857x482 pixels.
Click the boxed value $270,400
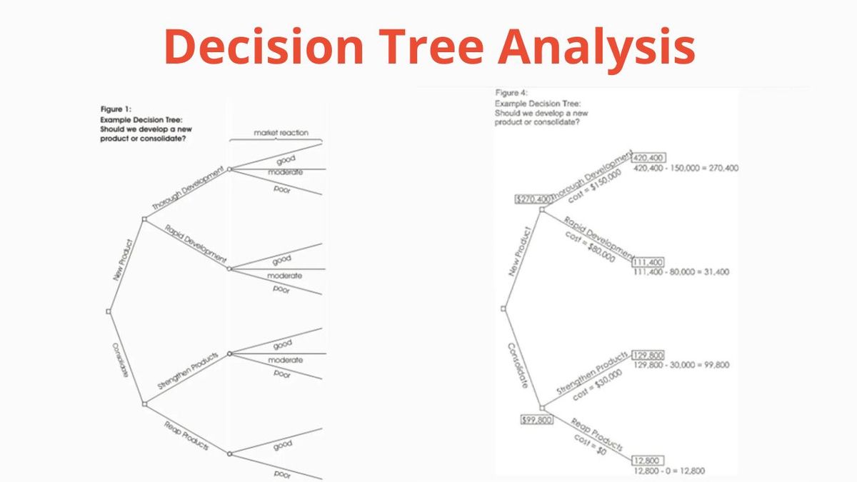tap(533, 199)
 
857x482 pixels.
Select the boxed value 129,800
tap(648, 355)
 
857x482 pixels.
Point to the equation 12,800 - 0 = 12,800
tap(668, 471)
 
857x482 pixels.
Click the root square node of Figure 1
tap(109, 311)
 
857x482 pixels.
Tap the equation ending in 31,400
tap(681, 272)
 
